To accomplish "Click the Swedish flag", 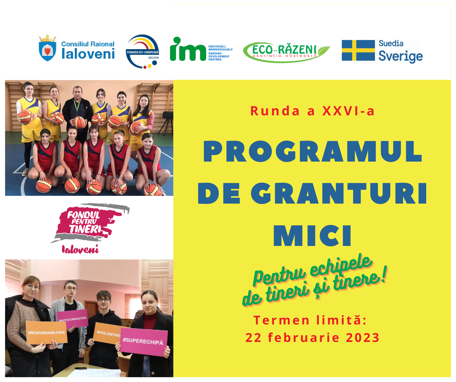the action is pyautogui.click(x=358, y=50).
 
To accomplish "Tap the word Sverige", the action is pyautogui.click(x=400, y=57).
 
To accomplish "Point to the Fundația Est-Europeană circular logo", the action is pyautogui.click(x=142, y=51).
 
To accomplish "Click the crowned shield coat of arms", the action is pyautogui.click(x=48, y=48).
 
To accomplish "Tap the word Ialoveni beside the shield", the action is pyautogui.click(x=88, y=54).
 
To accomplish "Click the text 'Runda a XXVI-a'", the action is pyautogui.click(x=312, y=111).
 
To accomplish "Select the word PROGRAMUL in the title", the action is pyautogui.click(x=312, y=151).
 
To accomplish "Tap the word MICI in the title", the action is pyautogui.click(x=312, y=236).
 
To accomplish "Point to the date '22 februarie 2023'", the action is pyautogui.click(x=312, y=337).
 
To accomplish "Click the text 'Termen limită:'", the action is pyautogui.click(x=310, y=320).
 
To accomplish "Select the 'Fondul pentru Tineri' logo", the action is pyautogui.click(x=90, y=228).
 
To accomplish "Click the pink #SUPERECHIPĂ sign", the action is pyautogui.click(x=144, y=342).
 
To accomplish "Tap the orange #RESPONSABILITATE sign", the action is pyautogui.click(x=47, y=333).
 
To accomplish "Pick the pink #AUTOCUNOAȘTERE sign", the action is pyautogui.click(x=72, y=319).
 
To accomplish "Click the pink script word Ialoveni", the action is pyautogui.click(x=80, y=249).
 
